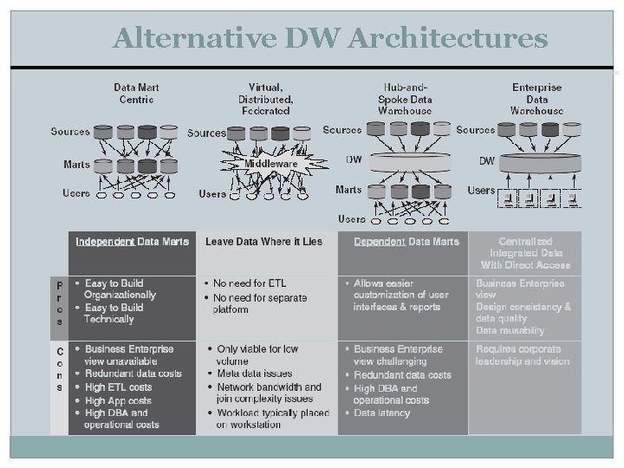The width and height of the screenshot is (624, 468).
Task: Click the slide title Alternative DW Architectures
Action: point(329,39)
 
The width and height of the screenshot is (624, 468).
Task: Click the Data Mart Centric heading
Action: point(136,94)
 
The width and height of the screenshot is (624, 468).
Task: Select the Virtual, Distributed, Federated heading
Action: point(266,99)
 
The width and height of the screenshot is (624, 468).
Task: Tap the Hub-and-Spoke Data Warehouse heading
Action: point(405,99)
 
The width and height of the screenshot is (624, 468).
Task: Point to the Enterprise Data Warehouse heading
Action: point(536,99)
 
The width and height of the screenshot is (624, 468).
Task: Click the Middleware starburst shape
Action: point(270,163)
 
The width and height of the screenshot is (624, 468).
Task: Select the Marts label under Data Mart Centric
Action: point(76,164)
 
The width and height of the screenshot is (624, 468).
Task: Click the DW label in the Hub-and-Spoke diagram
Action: point(354,159)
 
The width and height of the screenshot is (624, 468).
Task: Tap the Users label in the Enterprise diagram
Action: point(481,190)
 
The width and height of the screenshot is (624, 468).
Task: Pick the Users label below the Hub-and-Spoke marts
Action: point(351,218)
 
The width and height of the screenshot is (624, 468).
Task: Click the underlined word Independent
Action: point(105,241)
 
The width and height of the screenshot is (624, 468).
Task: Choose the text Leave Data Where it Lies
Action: point(263,241)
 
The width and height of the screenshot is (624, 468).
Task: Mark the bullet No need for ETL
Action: point(250,283)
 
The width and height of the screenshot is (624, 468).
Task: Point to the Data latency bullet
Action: point(382,413)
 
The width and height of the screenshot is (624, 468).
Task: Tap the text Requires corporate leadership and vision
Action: point(523,354)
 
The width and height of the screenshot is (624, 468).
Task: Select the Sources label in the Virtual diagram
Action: point(206,133)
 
